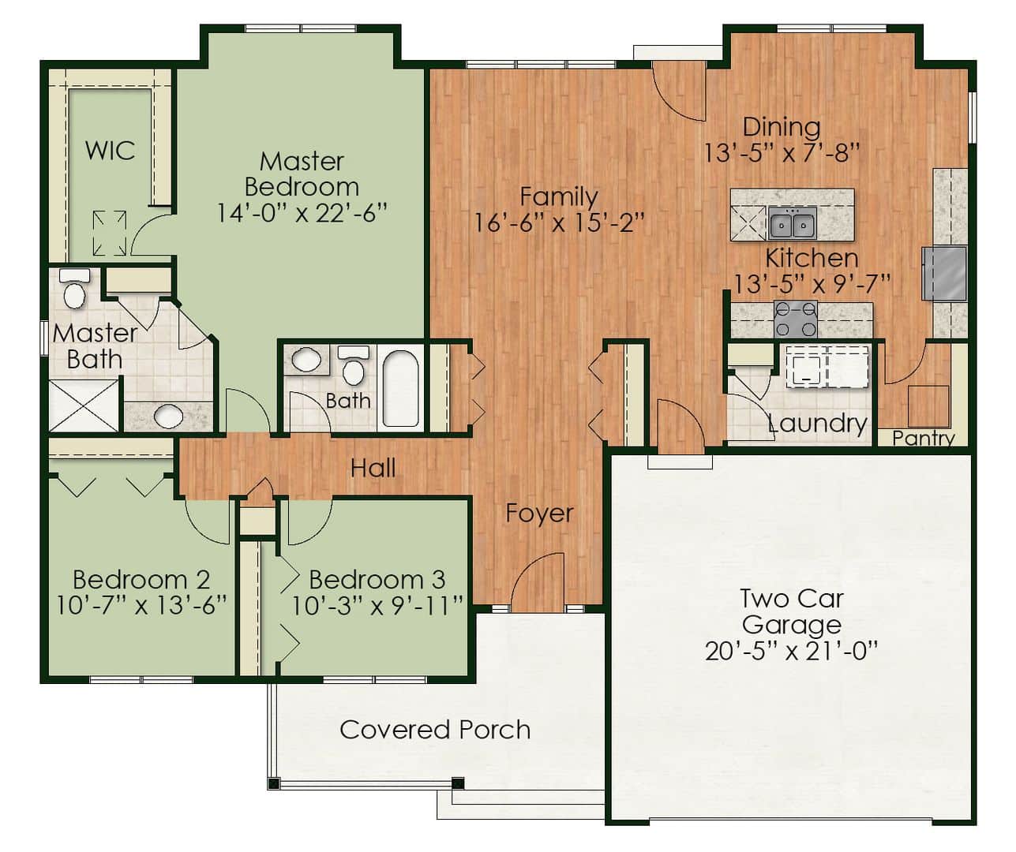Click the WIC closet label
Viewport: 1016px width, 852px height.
(x=110, y=150)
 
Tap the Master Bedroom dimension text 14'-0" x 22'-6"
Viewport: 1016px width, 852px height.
(x=302, y=213)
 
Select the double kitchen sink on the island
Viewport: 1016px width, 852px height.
(x=792, y=223)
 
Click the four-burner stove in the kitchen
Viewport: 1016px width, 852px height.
(x=796, y=319)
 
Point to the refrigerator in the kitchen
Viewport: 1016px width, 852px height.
(x=944, y=273)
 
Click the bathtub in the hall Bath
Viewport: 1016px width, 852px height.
(x=400, y=389)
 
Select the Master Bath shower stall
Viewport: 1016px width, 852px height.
(x=84, y=405)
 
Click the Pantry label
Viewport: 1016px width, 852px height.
(x=923, y=439)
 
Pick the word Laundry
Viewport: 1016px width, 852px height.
(x=818, y=424)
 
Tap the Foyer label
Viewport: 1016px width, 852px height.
(x=540, y=514)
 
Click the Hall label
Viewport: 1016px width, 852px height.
(x=373, y=469)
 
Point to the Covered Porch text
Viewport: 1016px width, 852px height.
(x=435, y=730)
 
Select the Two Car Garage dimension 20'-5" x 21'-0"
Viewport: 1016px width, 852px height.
(x=792, y=651)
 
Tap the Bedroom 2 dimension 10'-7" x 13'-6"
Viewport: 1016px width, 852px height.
(x=141, y=606)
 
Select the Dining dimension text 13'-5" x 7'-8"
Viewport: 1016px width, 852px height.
(x=782, y=153)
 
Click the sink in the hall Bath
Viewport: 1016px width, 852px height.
(x=306, y=360)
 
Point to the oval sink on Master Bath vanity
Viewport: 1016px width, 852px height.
(x=168, y=417)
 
